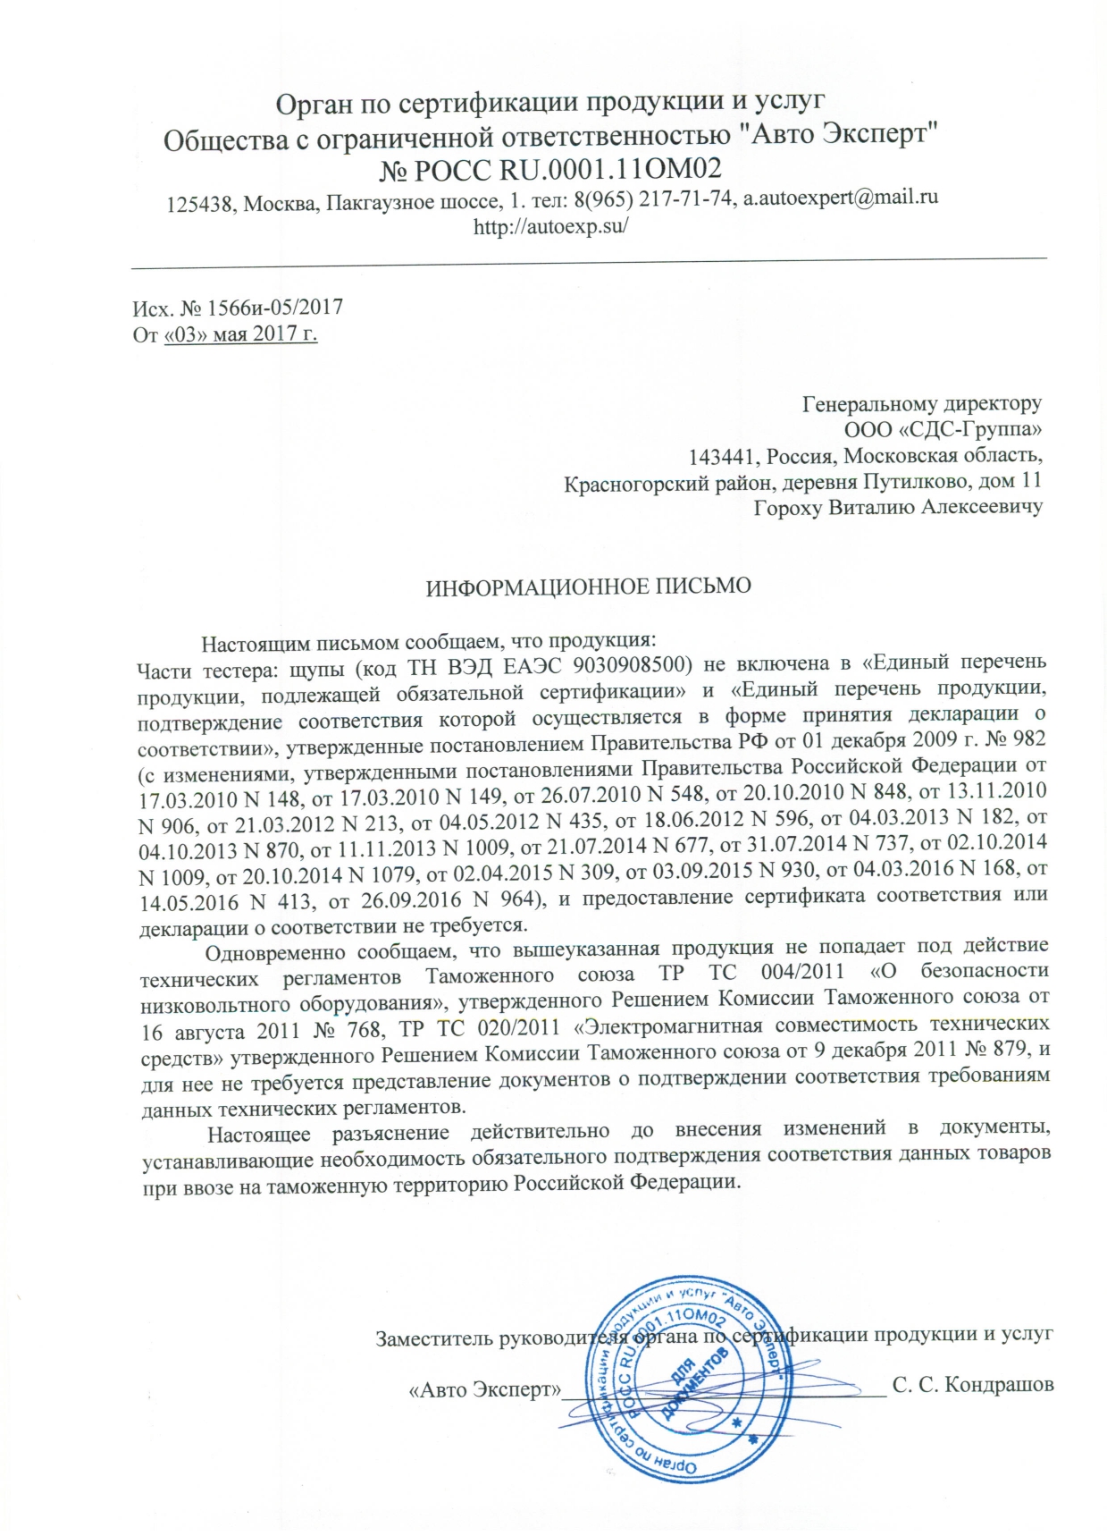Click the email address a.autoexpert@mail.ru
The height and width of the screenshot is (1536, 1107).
(x=841, y=198)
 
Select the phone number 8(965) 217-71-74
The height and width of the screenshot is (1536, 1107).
(x=654, y=198)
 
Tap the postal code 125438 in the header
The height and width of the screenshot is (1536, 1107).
(x=201, y=204)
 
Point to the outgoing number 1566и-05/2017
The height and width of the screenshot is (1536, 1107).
(x=275, y=308)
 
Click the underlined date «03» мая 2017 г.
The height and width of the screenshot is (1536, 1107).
(x=241, y=334)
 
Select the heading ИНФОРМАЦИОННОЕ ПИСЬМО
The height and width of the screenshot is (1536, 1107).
(x=588, y=587)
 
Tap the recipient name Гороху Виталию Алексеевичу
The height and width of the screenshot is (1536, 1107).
(x=898, y=508)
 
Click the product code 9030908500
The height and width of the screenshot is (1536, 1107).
(x=633, y=663)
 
